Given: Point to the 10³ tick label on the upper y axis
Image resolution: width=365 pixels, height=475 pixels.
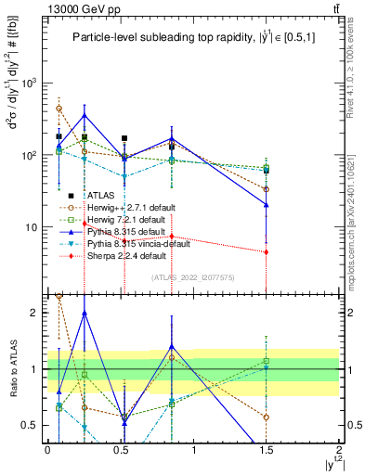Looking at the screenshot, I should (x=27, y=83).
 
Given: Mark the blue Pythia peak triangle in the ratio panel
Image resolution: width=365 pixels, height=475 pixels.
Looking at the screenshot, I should (x=85, y=314).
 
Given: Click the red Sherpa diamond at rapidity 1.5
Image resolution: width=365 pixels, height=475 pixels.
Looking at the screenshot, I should (x=267, y=252).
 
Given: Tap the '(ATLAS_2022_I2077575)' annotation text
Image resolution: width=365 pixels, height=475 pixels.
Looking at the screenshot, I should (x=192, y=277).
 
